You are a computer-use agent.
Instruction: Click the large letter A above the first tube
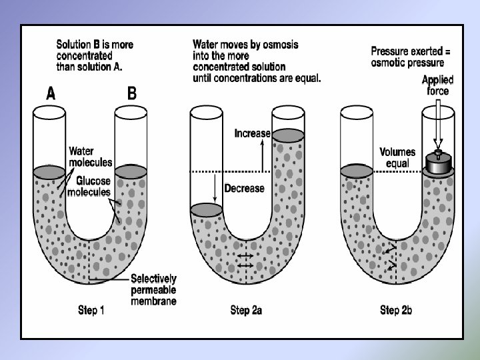coord(51,93)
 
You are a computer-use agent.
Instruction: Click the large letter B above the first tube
coord(132,93)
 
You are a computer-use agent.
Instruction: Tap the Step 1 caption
coord(91,310)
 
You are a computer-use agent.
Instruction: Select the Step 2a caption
coord(246,310)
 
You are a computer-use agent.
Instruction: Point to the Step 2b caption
coord(396,310)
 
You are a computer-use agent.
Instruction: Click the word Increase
coord(253,133)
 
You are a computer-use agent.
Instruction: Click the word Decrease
coord(244,188)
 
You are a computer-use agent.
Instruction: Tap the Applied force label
coord(438,85)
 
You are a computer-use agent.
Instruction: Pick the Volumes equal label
coord(397,157)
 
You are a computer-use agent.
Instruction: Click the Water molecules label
coord(91,157)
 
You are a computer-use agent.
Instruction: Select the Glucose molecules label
coord(89,186)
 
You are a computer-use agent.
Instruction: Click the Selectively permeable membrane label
coord(154,289)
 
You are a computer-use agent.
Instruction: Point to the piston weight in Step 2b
coord(439,161)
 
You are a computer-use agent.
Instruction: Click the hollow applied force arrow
coord(438,124)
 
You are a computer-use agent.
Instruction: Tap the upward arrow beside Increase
coord(263,155)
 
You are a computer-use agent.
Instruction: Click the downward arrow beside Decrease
coord(215,188)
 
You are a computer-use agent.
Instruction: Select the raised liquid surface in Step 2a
coord(289,135)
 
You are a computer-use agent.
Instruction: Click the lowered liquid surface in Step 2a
coord(206,210)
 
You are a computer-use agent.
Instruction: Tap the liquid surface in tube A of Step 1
coord(49,173)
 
